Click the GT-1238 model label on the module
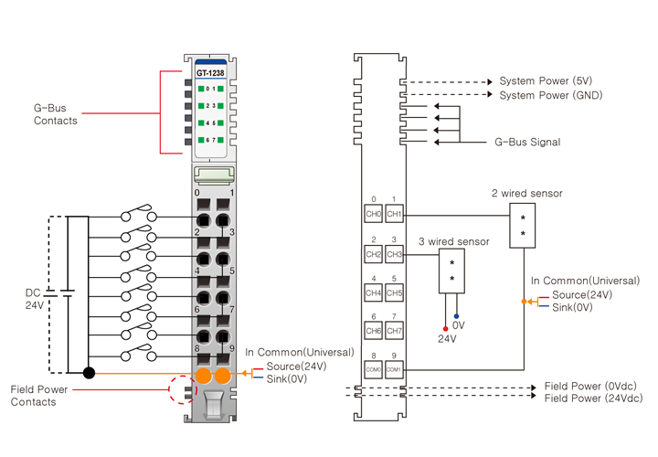click(210, 72)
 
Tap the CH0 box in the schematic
click(373, 214)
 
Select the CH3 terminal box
click(394, 253)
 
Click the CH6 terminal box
click(373, 330)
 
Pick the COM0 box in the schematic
click(373, 368)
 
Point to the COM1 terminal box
click(394, 368)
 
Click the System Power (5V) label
click(545, 81)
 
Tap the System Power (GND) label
click(550, 95)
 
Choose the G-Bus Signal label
click(527, 143)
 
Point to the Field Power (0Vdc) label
click(592, 386)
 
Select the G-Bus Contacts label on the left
click(56, 114)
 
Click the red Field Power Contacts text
click(46, 396)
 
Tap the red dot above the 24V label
click(445, 326)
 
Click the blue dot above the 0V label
click(456, 315)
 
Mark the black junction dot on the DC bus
click(88, 373)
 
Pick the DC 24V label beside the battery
click(33, 299)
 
